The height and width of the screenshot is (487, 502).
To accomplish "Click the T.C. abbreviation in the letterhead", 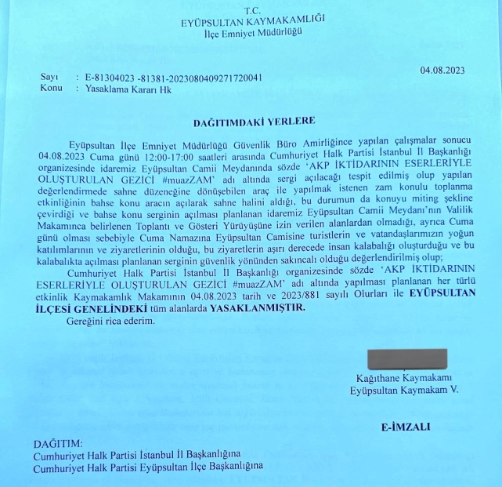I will point(251,10).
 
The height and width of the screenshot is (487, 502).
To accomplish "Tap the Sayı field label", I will point(48,78).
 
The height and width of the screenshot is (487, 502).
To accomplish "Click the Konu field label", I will point(50,89).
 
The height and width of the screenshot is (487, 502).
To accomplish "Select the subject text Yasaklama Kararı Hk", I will point(119,89).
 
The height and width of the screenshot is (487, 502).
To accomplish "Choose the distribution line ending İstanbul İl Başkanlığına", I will point(137,455).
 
